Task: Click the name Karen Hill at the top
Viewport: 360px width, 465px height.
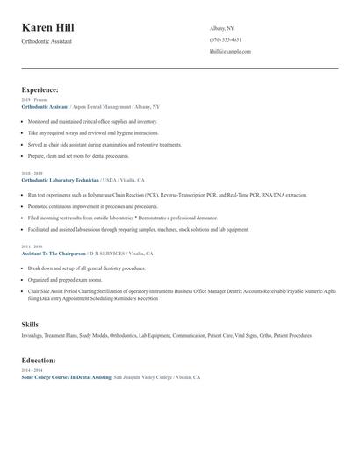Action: (48, 28)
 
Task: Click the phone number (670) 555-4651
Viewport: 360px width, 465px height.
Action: (226, 40)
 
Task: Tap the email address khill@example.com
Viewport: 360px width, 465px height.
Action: (230, 52)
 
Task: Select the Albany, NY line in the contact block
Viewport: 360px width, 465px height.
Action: (222, 29)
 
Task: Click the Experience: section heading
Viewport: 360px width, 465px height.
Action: (40, 90)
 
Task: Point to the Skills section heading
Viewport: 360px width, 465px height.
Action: (30, 325)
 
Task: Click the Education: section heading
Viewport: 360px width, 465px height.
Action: (39, 361)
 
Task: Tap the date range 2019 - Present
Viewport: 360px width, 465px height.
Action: (35, 100)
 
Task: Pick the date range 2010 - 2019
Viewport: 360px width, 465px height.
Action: (32, 174)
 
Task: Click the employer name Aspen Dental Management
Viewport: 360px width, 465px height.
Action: (103, 106)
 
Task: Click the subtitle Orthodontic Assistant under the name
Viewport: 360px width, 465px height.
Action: (47, 41)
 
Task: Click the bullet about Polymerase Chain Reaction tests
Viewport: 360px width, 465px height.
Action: (167, 195)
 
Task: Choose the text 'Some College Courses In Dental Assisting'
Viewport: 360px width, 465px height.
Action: (66, 377)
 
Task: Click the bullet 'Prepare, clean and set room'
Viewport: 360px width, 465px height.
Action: (78, 155)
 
